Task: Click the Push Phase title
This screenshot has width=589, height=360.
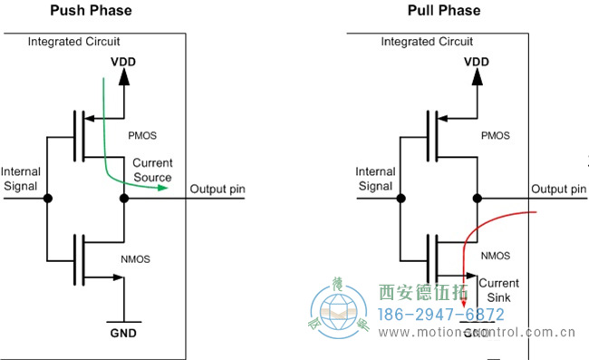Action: pyautogui.click(x=90, y=11)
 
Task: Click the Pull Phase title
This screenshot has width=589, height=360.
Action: pyautogui.click(x=446, y=11)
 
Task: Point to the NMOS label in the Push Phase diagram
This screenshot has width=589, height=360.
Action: pyautogui.click(x=137, y=258)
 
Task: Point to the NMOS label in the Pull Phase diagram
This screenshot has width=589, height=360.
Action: pyautogui.click(x=495, y=257)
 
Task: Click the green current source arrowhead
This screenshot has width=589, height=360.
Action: pyautogui.click(x=164, y=188)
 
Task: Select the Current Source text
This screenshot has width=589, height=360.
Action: pyautogui.click(x=151, y=170)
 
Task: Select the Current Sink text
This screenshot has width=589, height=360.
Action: pyautogui.click(x=498, y=289)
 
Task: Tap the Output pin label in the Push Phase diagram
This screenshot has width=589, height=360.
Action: pyautogui.click(x=217, y=189)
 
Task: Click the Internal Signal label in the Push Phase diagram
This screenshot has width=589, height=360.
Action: pyautogui.click(x=21, y=179)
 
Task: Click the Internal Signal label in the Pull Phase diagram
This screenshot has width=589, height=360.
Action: pyautogui.click(x=374, y=179)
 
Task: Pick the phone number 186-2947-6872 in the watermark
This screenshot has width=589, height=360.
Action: pyautogui.click(x=440, y=315)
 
